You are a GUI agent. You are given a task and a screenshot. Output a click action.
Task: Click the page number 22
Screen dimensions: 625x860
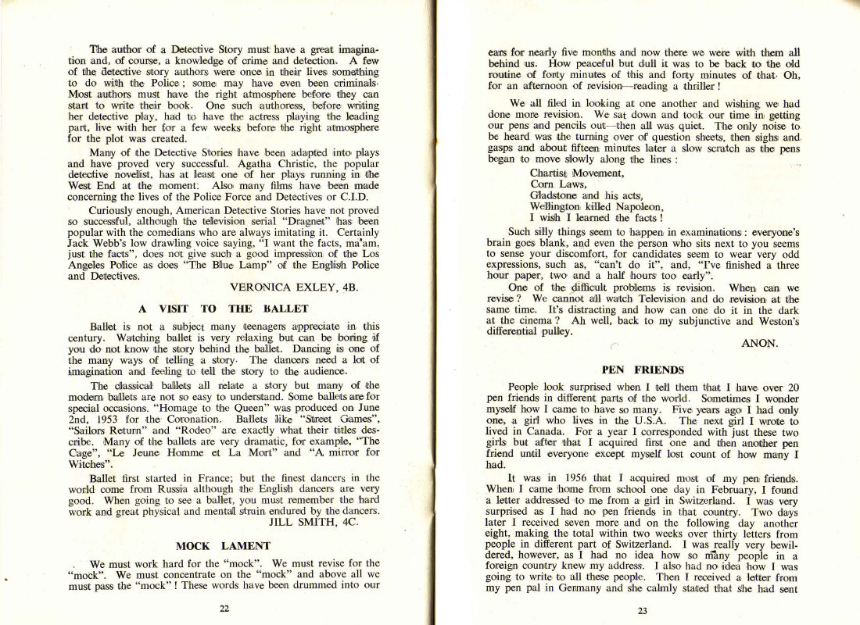pyautogui.click(x=224, y=609)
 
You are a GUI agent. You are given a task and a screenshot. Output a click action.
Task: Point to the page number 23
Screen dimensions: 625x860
pyautogui.click(x=643, y=610)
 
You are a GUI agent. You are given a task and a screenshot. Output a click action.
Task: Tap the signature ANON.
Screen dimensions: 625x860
pyautogui.click(x=758, y=341)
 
